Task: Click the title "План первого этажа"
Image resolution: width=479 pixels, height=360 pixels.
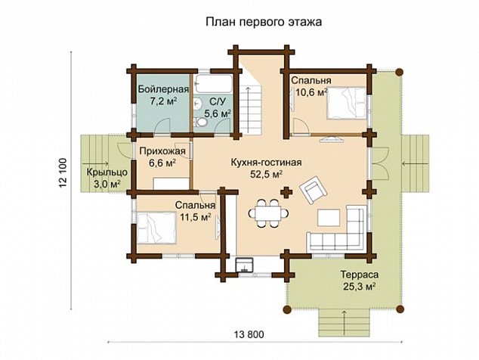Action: click(264, 22)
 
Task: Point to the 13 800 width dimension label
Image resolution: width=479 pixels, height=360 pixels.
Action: click(249, 334)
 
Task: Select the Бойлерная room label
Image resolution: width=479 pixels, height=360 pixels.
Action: click(163, 89)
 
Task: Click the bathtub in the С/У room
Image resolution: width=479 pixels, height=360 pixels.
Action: click(214, 84)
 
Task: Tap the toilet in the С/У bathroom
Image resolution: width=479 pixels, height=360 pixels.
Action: click(201, 123)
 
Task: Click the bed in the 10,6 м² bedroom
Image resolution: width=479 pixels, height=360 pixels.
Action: click(347, 103)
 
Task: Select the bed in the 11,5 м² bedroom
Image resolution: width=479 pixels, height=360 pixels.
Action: click(156, 228)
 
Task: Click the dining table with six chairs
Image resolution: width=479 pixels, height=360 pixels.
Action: click(269, 213)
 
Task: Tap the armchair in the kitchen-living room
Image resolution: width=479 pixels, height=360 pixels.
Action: click(313, 190)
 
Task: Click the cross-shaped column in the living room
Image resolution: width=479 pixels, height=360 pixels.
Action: click(286, 192)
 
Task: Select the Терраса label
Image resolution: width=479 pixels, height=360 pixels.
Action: click(360, 275)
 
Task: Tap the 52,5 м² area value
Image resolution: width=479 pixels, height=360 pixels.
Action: click(266, 175)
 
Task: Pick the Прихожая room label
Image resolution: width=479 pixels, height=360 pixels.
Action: click(162, 151)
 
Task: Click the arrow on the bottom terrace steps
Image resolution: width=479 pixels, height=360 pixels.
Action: click(345, 323)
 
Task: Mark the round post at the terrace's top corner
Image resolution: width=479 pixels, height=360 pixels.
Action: click(399, 72)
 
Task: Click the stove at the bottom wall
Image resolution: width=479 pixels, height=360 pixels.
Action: click(244, 265)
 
